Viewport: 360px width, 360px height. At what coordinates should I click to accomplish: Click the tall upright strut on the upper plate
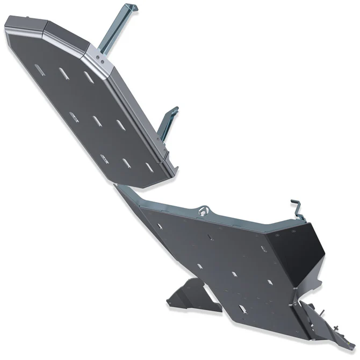115,32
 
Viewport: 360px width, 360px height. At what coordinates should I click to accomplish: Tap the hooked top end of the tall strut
131,8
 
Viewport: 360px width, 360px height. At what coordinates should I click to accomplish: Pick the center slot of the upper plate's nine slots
97,121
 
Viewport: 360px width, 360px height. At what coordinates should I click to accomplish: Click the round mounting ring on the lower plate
203,211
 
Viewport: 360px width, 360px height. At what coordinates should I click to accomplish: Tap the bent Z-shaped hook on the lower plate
298,209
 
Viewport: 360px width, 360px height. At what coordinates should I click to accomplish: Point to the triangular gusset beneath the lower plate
188,295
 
